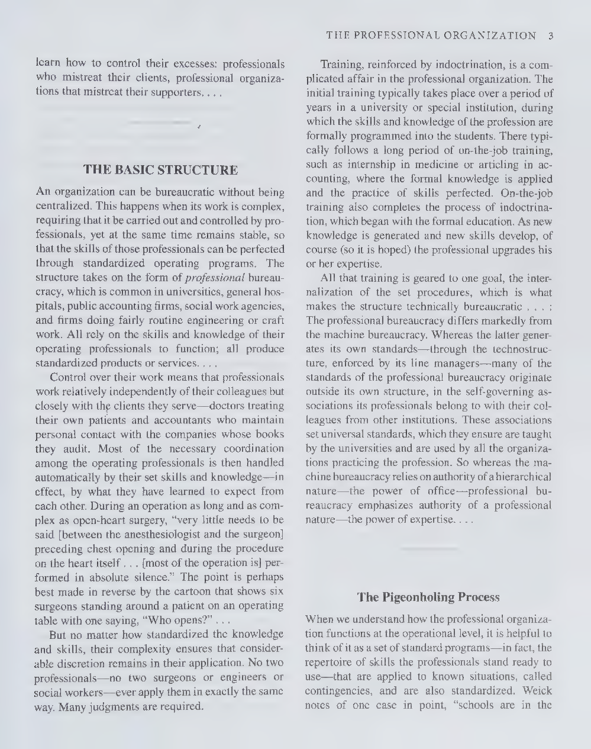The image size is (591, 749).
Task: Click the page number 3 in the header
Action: [x=550, y=36]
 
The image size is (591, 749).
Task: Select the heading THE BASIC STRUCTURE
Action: [x=161, y=171]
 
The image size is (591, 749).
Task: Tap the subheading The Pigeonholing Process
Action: [x=428, y=597]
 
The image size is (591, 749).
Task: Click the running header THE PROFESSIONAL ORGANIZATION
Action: [x=431, y=36]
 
